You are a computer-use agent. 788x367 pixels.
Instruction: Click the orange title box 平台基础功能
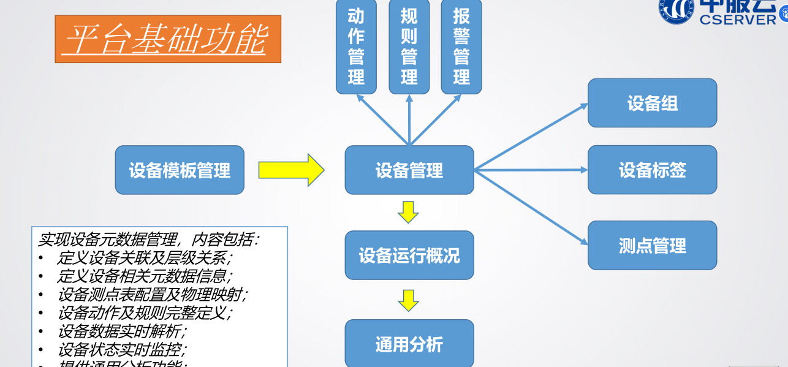(x=167, y=39)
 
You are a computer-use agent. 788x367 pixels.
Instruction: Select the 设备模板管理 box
(x=180, y=170)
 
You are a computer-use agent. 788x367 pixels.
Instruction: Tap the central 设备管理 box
(x=409, y=170)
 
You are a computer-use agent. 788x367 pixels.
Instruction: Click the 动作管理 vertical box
(x=356, y=47)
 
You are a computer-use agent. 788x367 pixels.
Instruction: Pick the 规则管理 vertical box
(x=409, y=47)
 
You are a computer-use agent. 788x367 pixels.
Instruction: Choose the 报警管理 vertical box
(x=461, y=47)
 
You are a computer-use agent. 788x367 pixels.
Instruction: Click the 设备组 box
(x=652, y=103)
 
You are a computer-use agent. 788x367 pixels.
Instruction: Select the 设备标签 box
(x=652, y=170)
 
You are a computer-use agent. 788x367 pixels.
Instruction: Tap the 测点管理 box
(x=652, y=246)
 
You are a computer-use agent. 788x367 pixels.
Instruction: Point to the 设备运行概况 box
(x=409, y=255)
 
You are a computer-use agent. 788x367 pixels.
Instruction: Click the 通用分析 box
(x=409, y=344)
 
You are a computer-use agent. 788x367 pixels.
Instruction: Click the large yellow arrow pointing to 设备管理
(x=291, y=170)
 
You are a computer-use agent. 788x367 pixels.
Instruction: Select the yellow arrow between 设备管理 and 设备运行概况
(x=408, y=212)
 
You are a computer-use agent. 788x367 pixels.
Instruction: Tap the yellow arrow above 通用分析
(x=408, y=300)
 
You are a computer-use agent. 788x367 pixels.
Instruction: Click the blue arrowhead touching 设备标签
(x=583, y=170)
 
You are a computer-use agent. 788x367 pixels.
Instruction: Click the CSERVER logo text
(x=737, y=18)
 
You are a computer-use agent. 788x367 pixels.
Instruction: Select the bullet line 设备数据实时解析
(x=122, y=331)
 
